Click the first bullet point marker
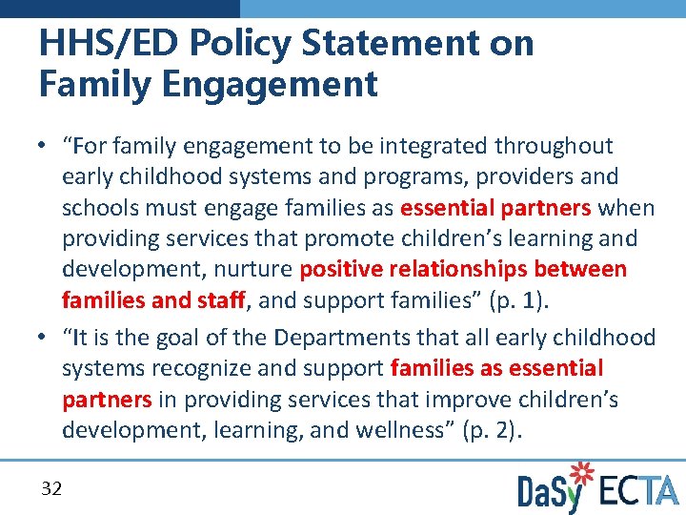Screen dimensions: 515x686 tap(44, 146)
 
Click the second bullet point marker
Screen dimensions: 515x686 tap(44, 338)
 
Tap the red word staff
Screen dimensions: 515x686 tap(221, 301)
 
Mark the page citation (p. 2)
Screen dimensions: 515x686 tap(491, 430)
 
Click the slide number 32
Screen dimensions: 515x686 tap(51, 489)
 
